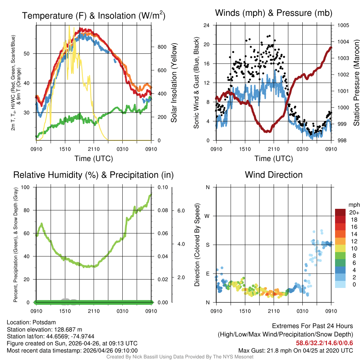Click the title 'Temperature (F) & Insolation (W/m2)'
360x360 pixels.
coord(94,16)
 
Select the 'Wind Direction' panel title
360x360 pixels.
coord(274,175)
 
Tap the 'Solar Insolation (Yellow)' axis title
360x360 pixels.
coord(174,83)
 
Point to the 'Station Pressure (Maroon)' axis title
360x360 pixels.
coord(356,83)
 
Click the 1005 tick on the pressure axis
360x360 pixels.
coord(343,25)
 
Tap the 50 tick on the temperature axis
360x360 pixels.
coord(30,53)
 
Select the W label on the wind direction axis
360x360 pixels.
coord(207,216)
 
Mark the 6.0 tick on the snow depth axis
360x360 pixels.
coord(181,210)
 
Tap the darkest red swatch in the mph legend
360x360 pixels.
coord(340,212)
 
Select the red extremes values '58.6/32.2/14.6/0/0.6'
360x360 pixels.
coord(324,342)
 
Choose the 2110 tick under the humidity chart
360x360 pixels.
coord(94,311)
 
